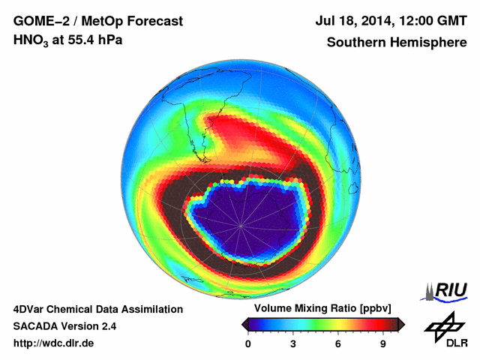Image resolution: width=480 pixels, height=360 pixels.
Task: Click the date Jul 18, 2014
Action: (354, 22)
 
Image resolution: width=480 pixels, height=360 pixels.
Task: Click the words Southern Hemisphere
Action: (397, 42)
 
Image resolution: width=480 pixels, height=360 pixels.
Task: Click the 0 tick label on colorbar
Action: (248, 344)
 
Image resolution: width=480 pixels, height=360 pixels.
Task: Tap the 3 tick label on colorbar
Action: (293, 344)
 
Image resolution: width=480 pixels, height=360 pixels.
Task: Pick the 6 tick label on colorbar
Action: (338, 344)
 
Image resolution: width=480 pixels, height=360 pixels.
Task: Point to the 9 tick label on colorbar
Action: (382, 344)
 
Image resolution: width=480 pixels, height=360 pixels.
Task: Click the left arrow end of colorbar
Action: (244, 324)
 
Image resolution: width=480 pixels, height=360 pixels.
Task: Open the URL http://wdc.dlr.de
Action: (53, 343)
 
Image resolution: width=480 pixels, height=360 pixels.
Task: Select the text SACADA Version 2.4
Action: (64, 326)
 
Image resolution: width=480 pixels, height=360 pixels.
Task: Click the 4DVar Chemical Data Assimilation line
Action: (97, 309)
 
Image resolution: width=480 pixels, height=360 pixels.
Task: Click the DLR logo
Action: (443, 331)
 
